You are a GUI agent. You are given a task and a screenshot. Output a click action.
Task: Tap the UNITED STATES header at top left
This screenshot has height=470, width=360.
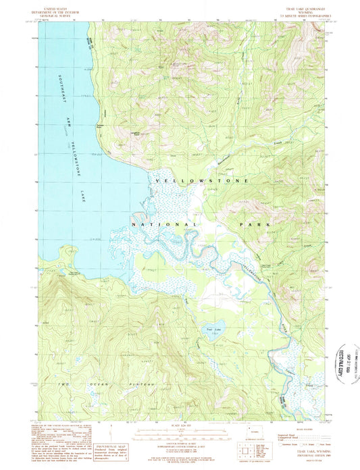55,5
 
